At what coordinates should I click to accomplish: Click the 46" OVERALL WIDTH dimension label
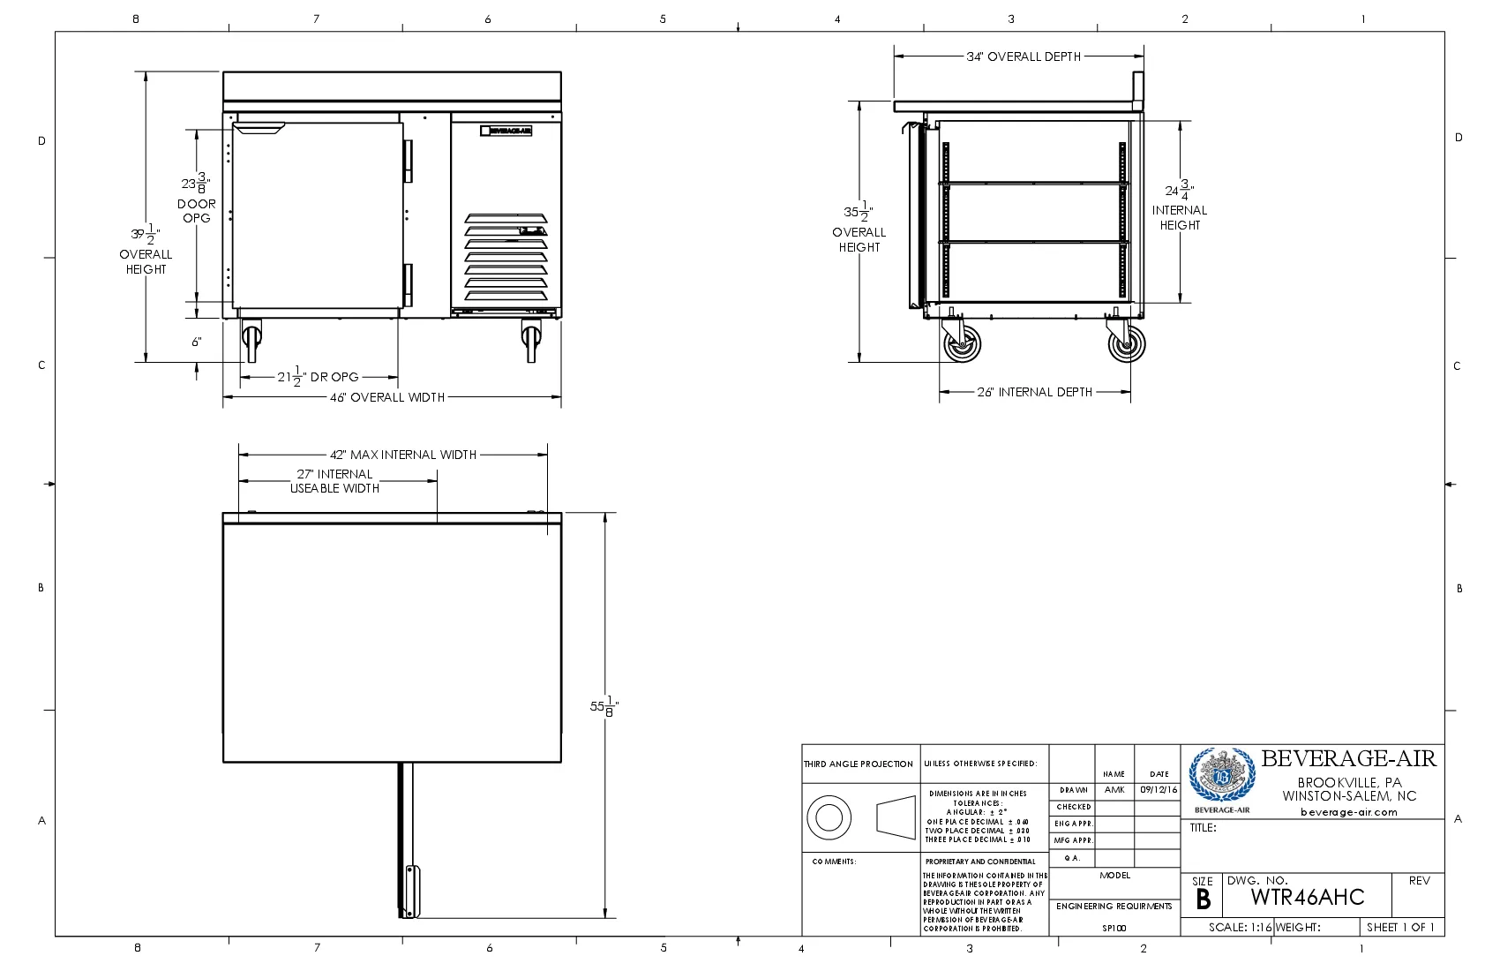(387, 397)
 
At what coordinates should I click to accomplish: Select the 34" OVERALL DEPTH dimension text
(1024, 56)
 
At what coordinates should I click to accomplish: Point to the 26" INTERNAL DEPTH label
(1034, 392)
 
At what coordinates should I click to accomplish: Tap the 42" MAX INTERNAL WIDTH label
(403, 455)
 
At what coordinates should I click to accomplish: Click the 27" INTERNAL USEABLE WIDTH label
(335, 481)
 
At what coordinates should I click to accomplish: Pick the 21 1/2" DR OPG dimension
(319, 377)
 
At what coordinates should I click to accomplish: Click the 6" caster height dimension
(197, 342)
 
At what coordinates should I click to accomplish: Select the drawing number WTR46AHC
(1308, 898)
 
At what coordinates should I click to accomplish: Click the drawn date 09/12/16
(1159, 790)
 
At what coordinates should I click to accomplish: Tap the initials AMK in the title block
(1114, 790)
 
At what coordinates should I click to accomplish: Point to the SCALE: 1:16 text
(1240, 928)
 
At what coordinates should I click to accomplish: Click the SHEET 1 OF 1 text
(1400, 928)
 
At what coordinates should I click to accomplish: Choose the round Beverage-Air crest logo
(1221, 776)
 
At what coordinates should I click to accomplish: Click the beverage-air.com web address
(1349, 812)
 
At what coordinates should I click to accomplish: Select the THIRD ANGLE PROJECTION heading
(859, 764)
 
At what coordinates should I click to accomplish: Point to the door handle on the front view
(259, 129)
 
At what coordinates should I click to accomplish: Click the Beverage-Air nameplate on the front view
(506, 131)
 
